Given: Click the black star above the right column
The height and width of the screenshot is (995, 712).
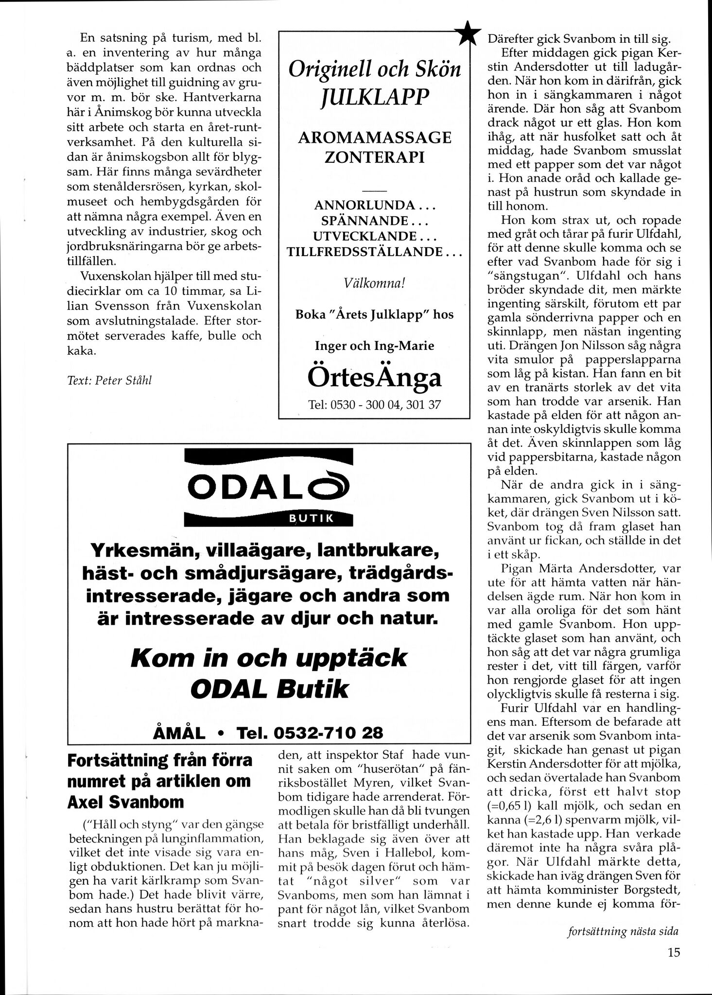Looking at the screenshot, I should coord(467,33).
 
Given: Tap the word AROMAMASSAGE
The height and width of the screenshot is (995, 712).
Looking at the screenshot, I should coord(375,138).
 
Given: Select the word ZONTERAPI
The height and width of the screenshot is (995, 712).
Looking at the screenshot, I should coord(375,158).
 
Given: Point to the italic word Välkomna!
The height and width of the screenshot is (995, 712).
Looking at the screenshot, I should coord(374,283).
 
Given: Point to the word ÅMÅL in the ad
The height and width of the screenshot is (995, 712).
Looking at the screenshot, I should coord(179,733).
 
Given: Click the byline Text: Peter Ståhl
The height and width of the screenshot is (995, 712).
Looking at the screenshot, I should coord(109,380).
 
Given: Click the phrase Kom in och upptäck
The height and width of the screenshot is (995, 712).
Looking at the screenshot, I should coord(269,658).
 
